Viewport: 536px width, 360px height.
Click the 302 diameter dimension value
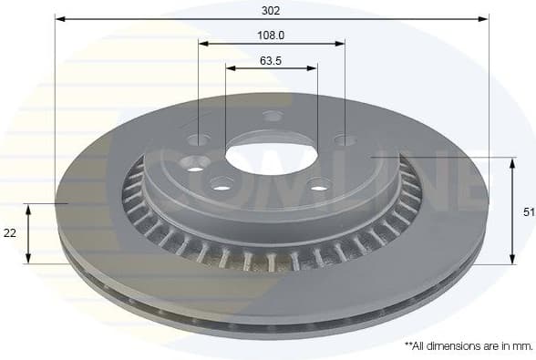coord(271,11)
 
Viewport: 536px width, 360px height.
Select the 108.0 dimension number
coord(271,36)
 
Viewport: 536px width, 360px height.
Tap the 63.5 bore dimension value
coord(271,61)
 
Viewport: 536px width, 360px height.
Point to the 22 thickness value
coord(10,233)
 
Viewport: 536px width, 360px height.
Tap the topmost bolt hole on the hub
coord(273,116)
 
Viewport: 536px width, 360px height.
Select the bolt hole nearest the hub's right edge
coord(344,140)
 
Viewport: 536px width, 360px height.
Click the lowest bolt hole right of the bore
coord(318,189)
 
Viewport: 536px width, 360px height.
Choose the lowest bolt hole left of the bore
coord(221,184)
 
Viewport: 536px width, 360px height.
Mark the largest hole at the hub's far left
coord(194,164)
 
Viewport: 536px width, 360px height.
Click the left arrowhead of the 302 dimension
coord(59,17)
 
